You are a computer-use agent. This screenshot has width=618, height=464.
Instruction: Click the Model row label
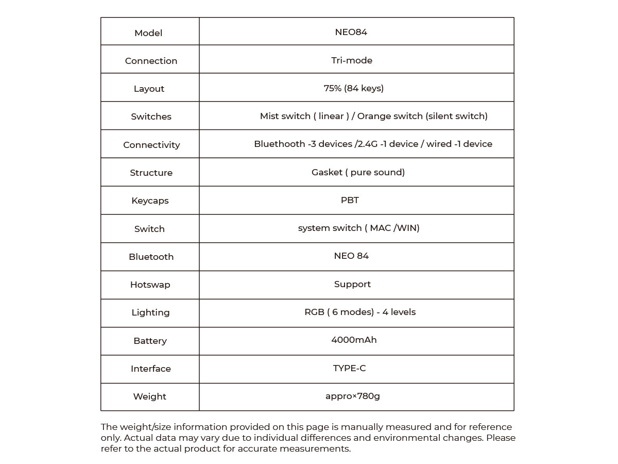pyautogui.click(x=148, y=33)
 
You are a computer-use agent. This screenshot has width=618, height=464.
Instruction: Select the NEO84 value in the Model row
pyautogui.click(x=351, y=32)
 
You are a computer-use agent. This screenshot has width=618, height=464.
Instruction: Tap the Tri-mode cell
pyautogui.click(x=352, y=60)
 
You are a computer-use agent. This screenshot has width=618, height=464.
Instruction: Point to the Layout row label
pyautogui.click(x=149, y=89)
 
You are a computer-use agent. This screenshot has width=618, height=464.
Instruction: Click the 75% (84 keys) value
pyautogui.click(x=354, y=88)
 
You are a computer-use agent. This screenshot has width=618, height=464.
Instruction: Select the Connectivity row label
pyautogui.click(x=151, y=145)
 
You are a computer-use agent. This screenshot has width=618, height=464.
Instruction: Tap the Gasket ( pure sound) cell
pyautogui.click(x=358, y=172)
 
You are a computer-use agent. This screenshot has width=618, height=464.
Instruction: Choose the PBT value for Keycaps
pyautogui.click(x=350, y=200)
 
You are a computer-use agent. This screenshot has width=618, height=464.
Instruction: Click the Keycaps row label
pyautogui.click(x=150, y=201)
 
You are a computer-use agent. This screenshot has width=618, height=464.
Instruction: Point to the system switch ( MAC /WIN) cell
pyautogui.click(x=358, y=228)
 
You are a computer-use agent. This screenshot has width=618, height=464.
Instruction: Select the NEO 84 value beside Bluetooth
pyautogui.click(x=351, y=256)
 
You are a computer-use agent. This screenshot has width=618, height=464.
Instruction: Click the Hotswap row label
pyautogui.click(x=150, y=285)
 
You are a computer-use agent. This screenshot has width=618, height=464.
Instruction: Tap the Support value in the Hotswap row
pyautogui.click(x=352, y=284)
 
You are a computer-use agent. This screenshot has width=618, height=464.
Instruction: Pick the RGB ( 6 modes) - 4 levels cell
pyautogui.click(x=360, y=312)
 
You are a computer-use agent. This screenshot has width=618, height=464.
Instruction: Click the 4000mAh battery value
pyautogui.click(x=354, y=340)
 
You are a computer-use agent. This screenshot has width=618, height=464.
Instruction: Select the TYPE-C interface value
pyautogui.click(x=350, y=368)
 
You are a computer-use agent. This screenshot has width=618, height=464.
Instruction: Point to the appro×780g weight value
pyautogui.click(x=353, y=396)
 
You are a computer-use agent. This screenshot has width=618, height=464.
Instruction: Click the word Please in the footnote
pyautogui.click(x=501, y=438)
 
